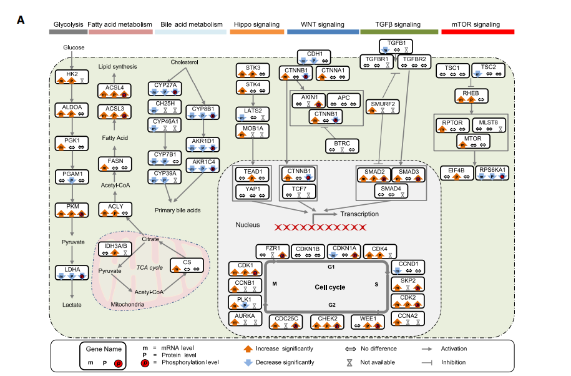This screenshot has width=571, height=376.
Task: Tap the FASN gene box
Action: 115,164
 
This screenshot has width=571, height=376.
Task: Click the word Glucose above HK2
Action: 74,47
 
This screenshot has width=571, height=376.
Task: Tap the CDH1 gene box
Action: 315,57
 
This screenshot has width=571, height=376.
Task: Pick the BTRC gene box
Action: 342,147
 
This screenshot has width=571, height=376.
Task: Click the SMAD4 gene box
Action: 392,191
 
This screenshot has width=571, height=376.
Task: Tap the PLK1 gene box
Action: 245,303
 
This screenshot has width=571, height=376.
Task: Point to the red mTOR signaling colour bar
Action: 477,31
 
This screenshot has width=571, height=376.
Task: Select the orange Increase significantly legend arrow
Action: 247,349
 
